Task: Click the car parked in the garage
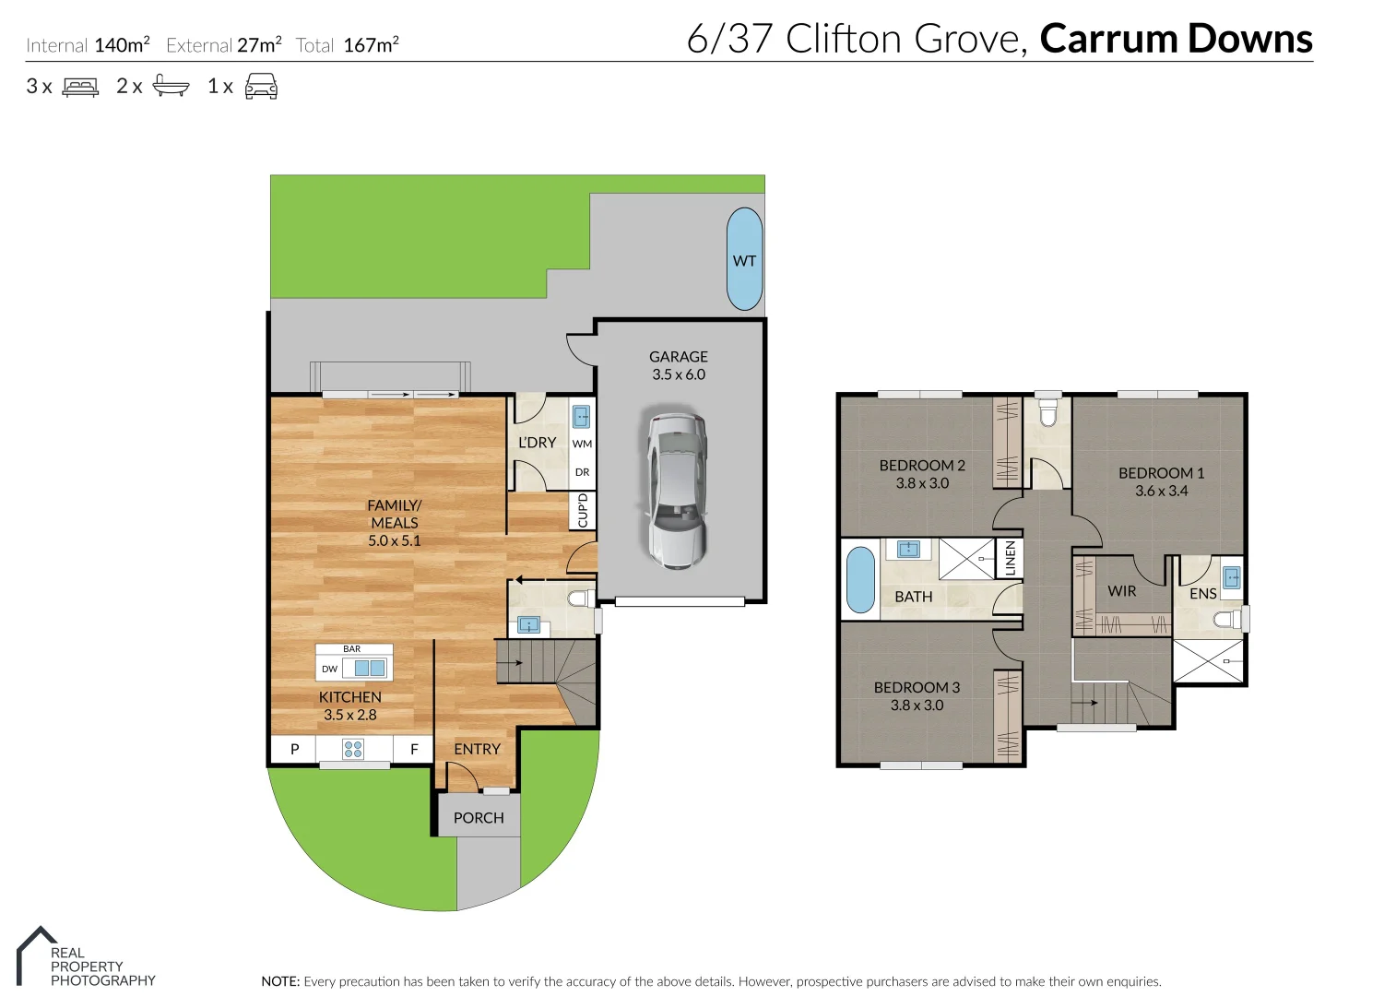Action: [x=678, y=491]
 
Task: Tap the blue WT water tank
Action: [x=744, y=259]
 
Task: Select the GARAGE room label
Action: [x=678, y=357]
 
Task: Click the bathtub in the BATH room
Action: [x=860, y=580]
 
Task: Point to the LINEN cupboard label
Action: [x=1010, y=558]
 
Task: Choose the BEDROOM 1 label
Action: [x=1161, y=473]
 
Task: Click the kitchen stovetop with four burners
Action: [x=353, y=749]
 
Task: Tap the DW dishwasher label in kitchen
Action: [x=329, y=670]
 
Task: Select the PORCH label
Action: [x=479, y=818]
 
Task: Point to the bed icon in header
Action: [x=80, y=87]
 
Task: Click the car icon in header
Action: [x=261, y=87]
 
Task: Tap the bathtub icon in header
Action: [x=171, y=87]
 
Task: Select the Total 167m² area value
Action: [x=371, y=45]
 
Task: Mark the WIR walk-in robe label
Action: [x=1121, y=591]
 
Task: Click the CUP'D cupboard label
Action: [x=583, y=511]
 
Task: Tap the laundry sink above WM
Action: [x=581, y=417]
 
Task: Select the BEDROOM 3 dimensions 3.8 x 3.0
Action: [x=917, y=705]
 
